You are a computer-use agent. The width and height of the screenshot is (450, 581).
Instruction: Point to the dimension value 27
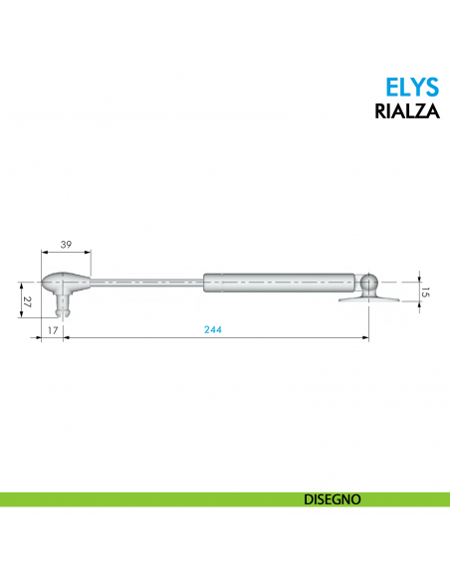click(26, 299)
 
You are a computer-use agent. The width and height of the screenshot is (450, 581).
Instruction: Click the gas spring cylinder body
click(279, 283)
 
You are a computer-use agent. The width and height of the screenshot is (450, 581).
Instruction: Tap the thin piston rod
click(149, 283)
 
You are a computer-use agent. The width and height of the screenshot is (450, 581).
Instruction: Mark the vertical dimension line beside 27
click(20, 299)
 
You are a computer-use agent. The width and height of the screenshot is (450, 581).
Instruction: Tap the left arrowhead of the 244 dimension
click(67, 338)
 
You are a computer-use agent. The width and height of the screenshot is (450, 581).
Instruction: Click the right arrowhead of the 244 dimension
click(366, 338)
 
